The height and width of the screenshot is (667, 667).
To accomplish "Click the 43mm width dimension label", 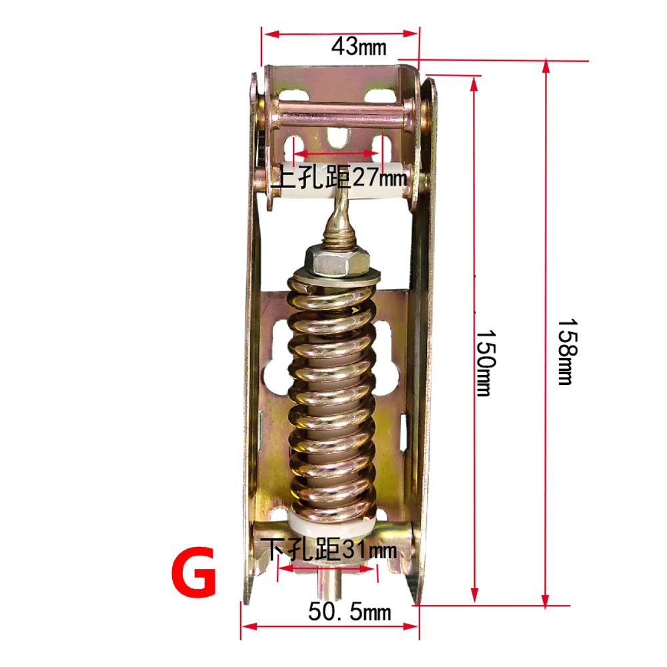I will [x=359, y=47].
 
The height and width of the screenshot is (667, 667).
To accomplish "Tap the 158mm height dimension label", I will [x=565, y=351].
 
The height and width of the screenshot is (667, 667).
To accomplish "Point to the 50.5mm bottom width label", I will [x=350, y=610].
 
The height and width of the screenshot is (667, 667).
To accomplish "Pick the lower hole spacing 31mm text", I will [x=329, y=550].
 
